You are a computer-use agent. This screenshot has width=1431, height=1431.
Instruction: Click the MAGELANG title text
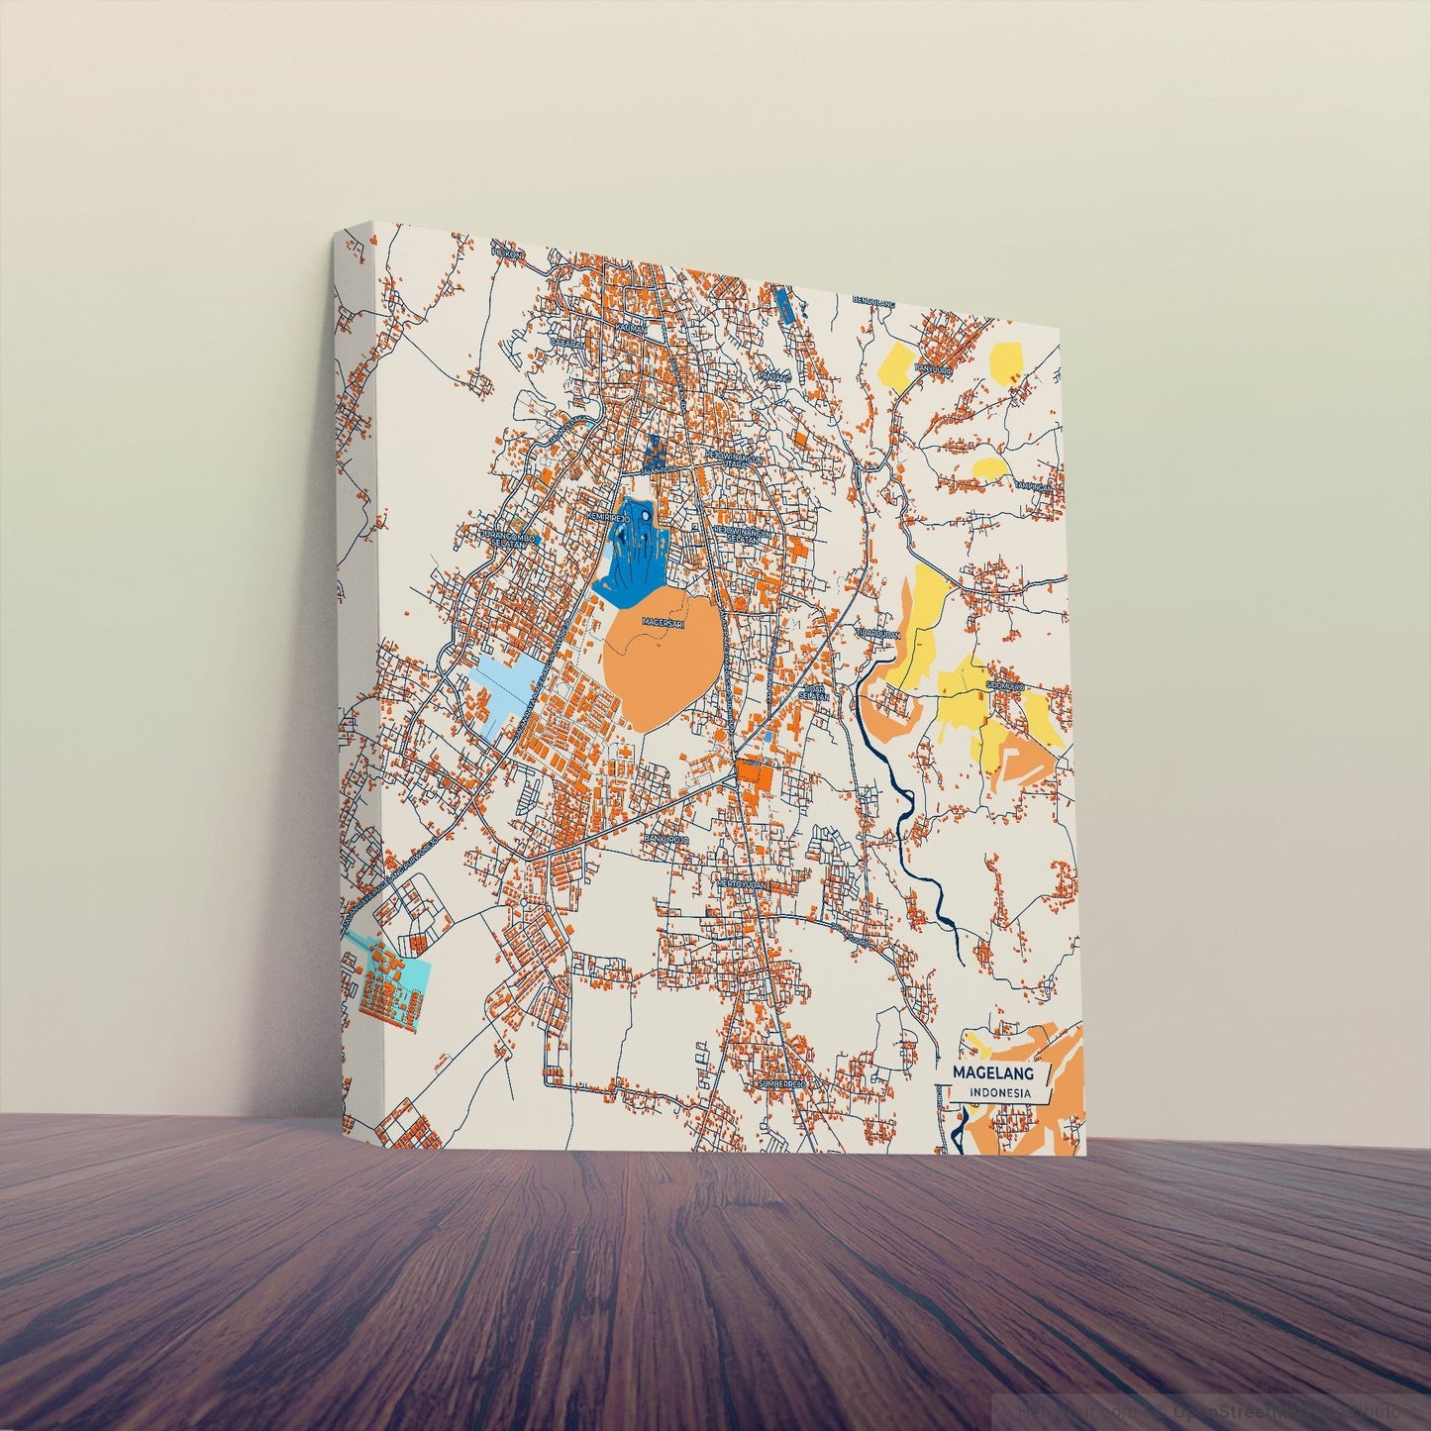992,1073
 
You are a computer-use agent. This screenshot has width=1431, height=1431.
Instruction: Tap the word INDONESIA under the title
1000,1093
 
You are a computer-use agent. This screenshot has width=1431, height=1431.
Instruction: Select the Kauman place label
631,326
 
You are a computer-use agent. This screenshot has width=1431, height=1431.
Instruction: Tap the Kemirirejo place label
608,518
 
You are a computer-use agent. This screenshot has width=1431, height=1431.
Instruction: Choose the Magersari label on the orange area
664,622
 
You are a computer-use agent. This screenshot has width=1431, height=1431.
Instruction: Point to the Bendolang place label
873,299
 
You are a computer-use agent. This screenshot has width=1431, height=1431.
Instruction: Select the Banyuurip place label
932,370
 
